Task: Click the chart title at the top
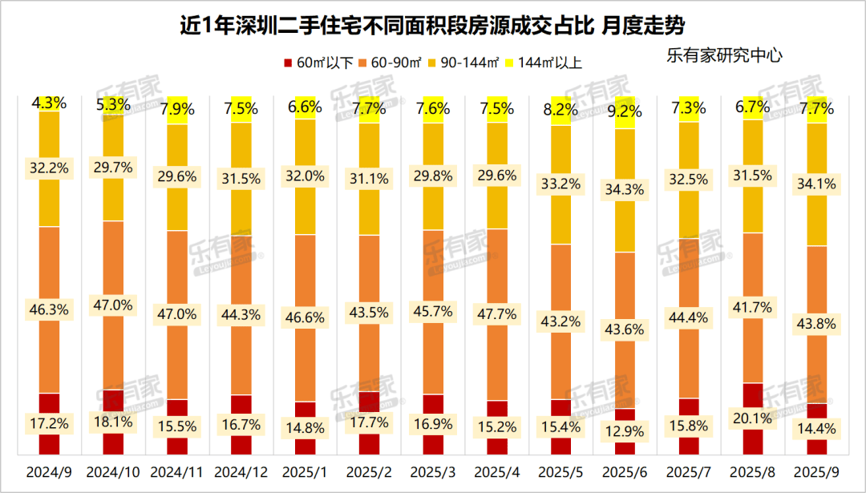(x=432, y=26)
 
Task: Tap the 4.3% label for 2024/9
(x=50, y=103)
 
